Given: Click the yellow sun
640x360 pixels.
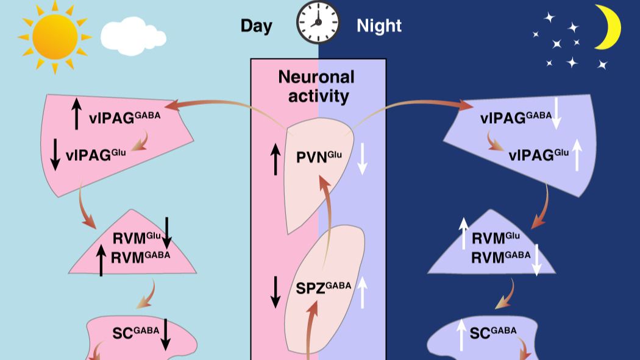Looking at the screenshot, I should tap(55, 37).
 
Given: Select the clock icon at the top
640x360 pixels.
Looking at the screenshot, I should tap(318, 23).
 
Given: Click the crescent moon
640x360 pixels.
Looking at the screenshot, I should tap(609, 27).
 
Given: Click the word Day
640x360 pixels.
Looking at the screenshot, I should tap(256, 26).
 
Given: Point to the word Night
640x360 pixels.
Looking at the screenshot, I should tap(379, 26).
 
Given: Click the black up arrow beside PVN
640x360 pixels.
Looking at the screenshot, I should tap(275, 158).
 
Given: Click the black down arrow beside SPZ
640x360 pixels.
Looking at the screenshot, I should tap(275, 291).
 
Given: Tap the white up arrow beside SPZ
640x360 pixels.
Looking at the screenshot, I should tap(363, 291).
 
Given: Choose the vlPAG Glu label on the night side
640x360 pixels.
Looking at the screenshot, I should tap(537, 155).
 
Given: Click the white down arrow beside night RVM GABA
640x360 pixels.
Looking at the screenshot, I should tap(537, 259).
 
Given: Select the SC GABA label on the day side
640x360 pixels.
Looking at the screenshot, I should tap(135, 332).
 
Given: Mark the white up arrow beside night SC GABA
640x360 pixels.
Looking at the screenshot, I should tap(461, 334).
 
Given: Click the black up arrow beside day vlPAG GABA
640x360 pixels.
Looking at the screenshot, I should tap(76, 114).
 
